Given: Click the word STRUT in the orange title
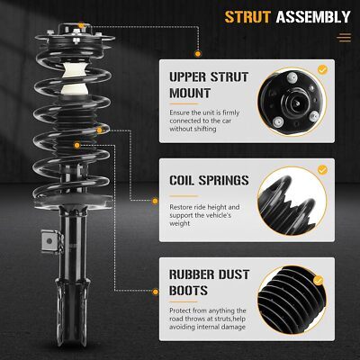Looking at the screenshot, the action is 247,17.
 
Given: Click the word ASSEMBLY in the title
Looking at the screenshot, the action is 313,17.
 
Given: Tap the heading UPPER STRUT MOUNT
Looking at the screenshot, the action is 209,85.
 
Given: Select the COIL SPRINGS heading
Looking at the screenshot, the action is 209,180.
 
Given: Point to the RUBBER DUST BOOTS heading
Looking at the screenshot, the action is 209,283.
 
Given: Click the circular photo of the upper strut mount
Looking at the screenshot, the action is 291,102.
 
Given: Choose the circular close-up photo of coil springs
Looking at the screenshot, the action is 292,201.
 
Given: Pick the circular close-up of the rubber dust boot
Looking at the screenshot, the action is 292,300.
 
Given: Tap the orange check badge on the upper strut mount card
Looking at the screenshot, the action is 322,70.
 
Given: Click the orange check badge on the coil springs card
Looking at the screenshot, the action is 322,170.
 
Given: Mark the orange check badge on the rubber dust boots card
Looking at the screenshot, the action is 319,281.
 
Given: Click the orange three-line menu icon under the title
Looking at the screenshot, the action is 344,38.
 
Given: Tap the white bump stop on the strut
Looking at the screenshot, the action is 74,79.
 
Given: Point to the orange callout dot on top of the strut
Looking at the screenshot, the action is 81,26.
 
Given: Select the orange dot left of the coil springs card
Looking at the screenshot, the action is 155,201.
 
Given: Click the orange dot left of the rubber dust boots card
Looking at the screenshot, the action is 156,292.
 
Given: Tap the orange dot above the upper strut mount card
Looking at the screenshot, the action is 198,54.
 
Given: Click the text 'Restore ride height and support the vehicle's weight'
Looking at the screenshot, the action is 204,215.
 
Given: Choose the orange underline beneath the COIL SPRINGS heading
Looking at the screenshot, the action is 184,196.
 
